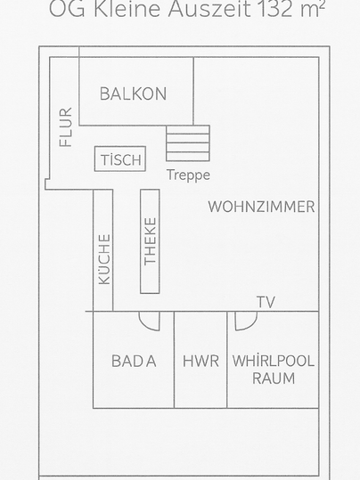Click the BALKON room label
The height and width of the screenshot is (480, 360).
pyautogui.click(x=133, y=94)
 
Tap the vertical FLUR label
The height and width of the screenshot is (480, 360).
pyautogui.click(x=65, y=127)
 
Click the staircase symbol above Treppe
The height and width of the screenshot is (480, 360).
pyautogui.click(x=188, y=143)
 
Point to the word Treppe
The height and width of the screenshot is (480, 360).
pyautogui.click(x=188, y=175)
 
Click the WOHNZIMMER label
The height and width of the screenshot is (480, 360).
pyautogui.click(x=261, y=207)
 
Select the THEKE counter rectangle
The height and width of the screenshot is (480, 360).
pyautogui.click(x=150, y=241)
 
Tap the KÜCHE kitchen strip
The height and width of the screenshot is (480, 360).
pyautogui.click(x=104, y=258)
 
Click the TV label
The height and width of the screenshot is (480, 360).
pyautogui.click(x=266, y=303)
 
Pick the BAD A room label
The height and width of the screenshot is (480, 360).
pyautogui.click(x=134, y=362)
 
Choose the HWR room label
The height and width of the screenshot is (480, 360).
pyautogui.click(x=200, y=362)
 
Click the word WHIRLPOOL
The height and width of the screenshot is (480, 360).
pyautogui.click(x=274, y=362)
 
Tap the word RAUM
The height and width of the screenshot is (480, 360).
pyautogui.click(x=274, y=378)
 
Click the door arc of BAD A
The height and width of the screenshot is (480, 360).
pyautogui.click(x=149, y=321)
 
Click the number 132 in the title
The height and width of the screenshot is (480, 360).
pyautogui.click(x=276, y=10)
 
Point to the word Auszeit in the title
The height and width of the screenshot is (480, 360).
pyautogui.click(x=211, y=10)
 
